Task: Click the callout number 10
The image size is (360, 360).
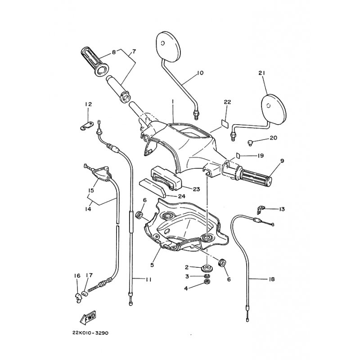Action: pyautogui.click(x=200, y=72)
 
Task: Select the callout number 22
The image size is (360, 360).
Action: pyautogui.click(x=227, y=103)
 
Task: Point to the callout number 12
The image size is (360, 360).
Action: pyautogui.click(x=88, y=104)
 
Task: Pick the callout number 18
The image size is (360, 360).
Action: pyautogui.click(x=271, y=279)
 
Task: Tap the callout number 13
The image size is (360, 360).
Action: pyautogui.click(x=282, y=209)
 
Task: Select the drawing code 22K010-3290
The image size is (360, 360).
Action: pyautogui.click(x=90, y=333)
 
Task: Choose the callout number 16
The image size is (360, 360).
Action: pyautogui.click(x=76, y=275)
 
